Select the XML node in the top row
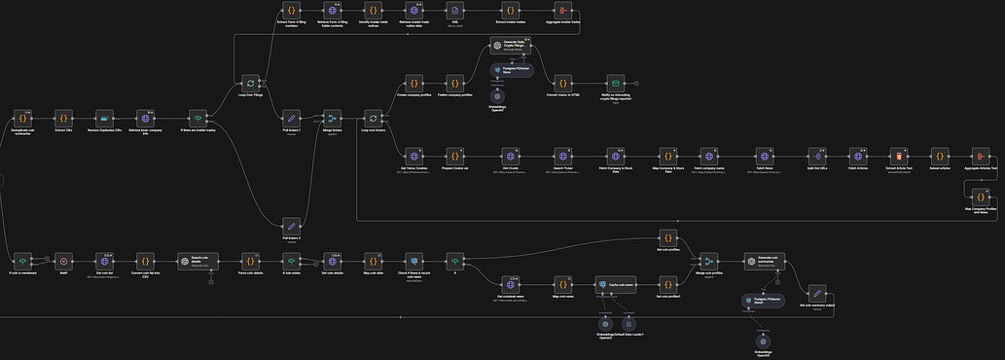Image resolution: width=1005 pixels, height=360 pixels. (x=453, y=10)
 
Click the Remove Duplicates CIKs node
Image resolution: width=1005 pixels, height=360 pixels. (x=103, y=118)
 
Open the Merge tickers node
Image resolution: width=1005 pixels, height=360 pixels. (x=332, y=118)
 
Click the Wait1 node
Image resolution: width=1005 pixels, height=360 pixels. (x=62, y=261)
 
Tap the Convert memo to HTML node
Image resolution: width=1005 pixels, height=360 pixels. (x=562, y=84)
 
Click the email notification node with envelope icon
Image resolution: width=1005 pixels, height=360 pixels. (x=615, y=84)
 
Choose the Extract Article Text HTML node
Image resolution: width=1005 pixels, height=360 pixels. (x=900, y=155)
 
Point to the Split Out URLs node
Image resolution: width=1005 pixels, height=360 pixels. (x=816, y=155)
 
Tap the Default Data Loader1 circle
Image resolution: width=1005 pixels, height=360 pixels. (x=628, y=323)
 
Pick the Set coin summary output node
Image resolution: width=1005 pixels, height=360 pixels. (x=818, y=293)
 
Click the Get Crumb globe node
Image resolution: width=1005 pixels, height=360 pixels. (x=511, y=155)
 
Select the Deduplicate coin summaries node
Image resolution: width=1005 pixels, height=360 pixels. (x=21, y=118)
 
